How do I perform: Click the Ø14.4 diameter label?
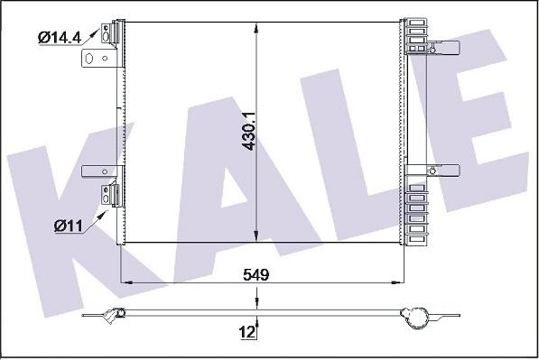60,37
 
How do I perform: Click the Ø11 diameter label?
69,226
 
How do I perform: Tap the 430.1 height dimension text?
249,131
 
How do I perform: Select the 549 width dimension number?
256,274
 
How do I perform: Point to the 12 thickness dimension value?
247,332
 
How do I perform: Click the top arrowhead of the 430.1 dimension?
256,28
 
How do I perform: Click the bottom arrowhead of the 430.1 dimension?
256,236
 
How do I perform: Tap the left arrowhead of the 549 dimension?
127,282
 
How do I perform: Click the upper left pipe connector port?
109,33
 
